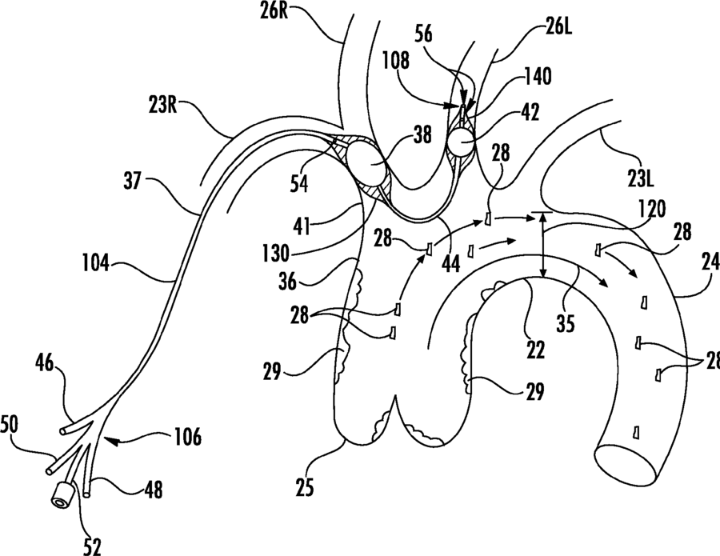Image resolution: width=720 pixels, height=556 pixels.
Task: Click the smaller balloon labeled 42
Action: tap(462, 142)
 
